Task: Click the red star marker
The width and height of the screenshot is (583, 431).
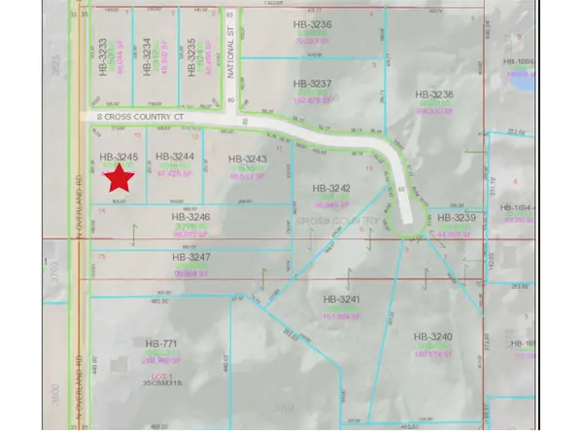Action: click(x=120, y=177)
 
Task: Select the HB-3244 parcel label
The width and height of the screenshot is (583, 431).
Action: click(x=174, y=156)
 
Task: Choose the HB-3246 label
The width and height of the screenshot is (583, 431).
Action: click(x=190, y=217)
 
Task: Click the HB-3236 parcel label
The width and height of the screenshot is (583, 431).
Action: click(x=313, y=22)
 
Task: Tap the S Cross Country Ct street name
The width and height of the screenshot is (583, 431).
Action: click(x=137, y=116)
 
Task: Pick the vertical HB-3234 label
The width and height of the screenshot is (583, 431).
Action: click(x=147, y=56)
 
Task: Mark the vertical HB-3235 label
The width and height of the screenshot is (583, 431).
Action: click(x=191, y=56)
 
